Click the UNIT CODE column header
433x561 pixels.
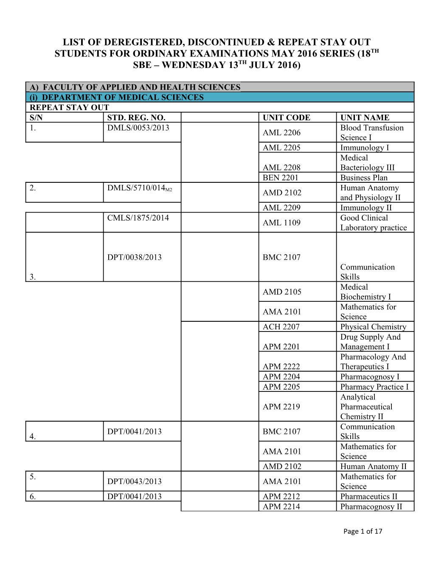pyautogui.click(x=286, y=118)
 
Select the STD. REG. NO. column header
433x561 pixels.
pyautogui.click(x=136, y=118)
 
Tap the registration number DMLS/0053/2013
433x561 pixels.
pyautogui.click(x=138, y=128)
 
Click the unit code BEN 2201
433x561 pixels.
pyautogui.click(x=280, y=178)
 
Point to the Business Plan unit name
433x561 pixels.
pyautogui.click(x=364, y=178)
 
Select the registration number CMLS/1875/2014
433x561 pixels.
pyautogui.click(x=138, y=218)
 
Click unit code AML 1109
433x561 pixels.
pyautogui.click(x=281, y=223)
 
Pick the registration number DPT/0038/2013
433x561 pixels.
pyautogui.click(x=134, y=257)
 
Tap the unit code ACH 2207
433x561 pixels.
pyautogui.click(x=281, y=327)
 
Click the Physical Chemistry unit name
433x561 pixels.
pyautogui.click(x=373, y=327)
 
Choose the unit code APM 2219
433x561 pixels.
pyautogui.click(x=281, y=407)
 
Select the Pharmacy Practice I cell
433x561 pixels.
pyautogui.click(x=374, y=387)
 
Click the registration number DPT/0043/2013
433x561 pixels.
pyautogui.click(x=134, y=482)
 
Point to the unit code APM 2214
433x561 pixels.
pyautogui.click(x=281, y=507)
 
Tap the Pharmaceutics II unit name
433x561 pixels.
pyautogui.click(x=368, y=496)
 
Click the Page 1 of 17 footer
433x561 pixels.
pyautogui.click(x=363, y=531)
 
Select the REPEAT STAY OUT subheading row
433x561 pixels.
pyautogui.click(x=69, y=108)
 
